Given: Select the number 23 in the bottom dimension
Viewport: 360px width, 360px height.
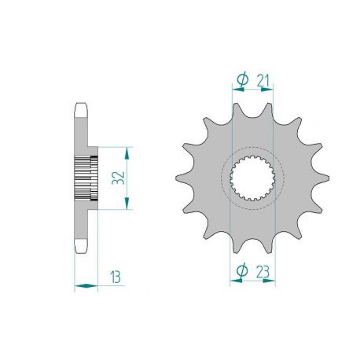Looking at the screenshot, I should point(263,271).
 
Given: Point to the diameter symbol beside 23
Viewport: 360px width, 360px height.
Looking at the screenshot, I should point(242,271).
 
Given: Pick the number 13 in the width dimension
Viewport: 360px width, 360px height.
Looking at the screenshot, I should point(115,277).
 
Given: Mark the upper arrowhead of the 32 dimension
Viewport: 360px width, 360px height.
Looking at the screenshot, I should point(126,149).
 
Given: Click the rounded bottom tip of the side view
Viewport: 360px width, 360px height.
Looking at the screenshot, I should point(81,251).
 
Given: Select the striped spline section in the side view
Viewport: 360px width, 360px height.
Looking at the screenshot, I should point(86,178).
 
